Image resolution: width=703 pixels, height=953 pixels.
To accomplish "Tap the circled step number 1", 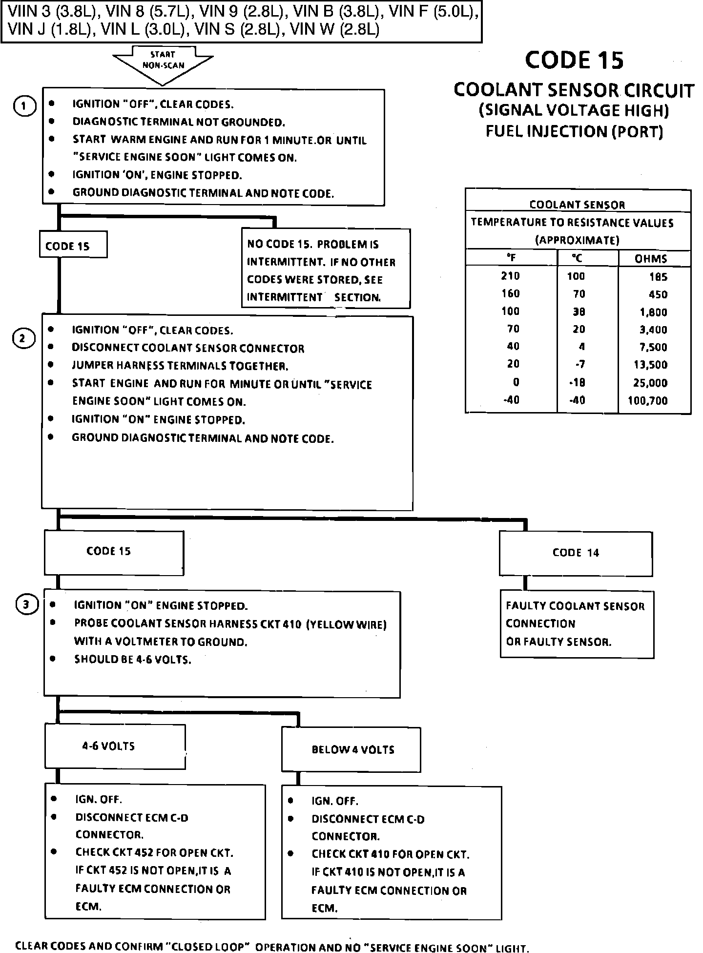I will tap(24, 106).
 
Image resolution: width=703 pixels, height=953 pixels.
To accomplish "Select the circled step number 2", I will tap(23, 339).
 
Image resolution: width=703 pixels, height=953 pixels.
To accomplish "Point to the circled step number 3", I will tap(27, 605).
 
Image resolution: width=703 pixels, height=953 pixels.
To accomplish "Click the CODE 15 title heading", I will tap(574, 60).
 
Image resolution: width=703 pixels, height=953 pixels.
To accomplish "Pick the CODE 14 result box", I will tap(576, 553).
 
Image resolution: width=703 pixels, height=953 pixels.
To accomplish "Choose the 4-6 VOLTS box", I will tap(115, 746).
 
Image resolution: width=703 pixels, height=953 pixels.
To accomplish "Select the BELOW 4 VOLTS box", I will tap(351, 750).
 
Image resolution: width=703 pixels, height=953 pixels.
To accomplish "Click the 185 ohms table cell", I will tap(658, 277).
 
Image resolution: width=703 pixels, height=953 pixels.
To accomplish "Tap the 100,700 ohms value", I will tap(647, 401).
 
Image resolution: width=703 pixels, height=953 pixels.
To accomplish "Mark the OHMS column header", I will tap(650, 259).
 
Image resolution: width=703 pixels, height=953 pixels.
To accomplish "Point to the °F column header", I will tap(511, 258).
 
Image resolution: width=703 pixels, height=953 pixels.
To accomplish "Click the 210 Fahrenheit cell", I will tap(510, 276).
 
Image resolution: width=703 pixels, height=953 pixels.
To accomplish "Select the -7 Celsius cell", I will tap(579, 364).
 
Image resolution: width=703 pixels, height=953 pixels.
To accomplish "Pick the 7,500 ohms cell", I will tap(653, 347).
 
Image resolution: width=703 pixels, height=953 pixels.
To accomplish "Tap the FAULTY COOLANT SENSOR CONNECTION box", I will tap(577, 624).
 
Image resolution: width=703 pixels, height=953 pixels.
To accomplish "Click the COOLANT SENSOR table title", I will tap(577, 205).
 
